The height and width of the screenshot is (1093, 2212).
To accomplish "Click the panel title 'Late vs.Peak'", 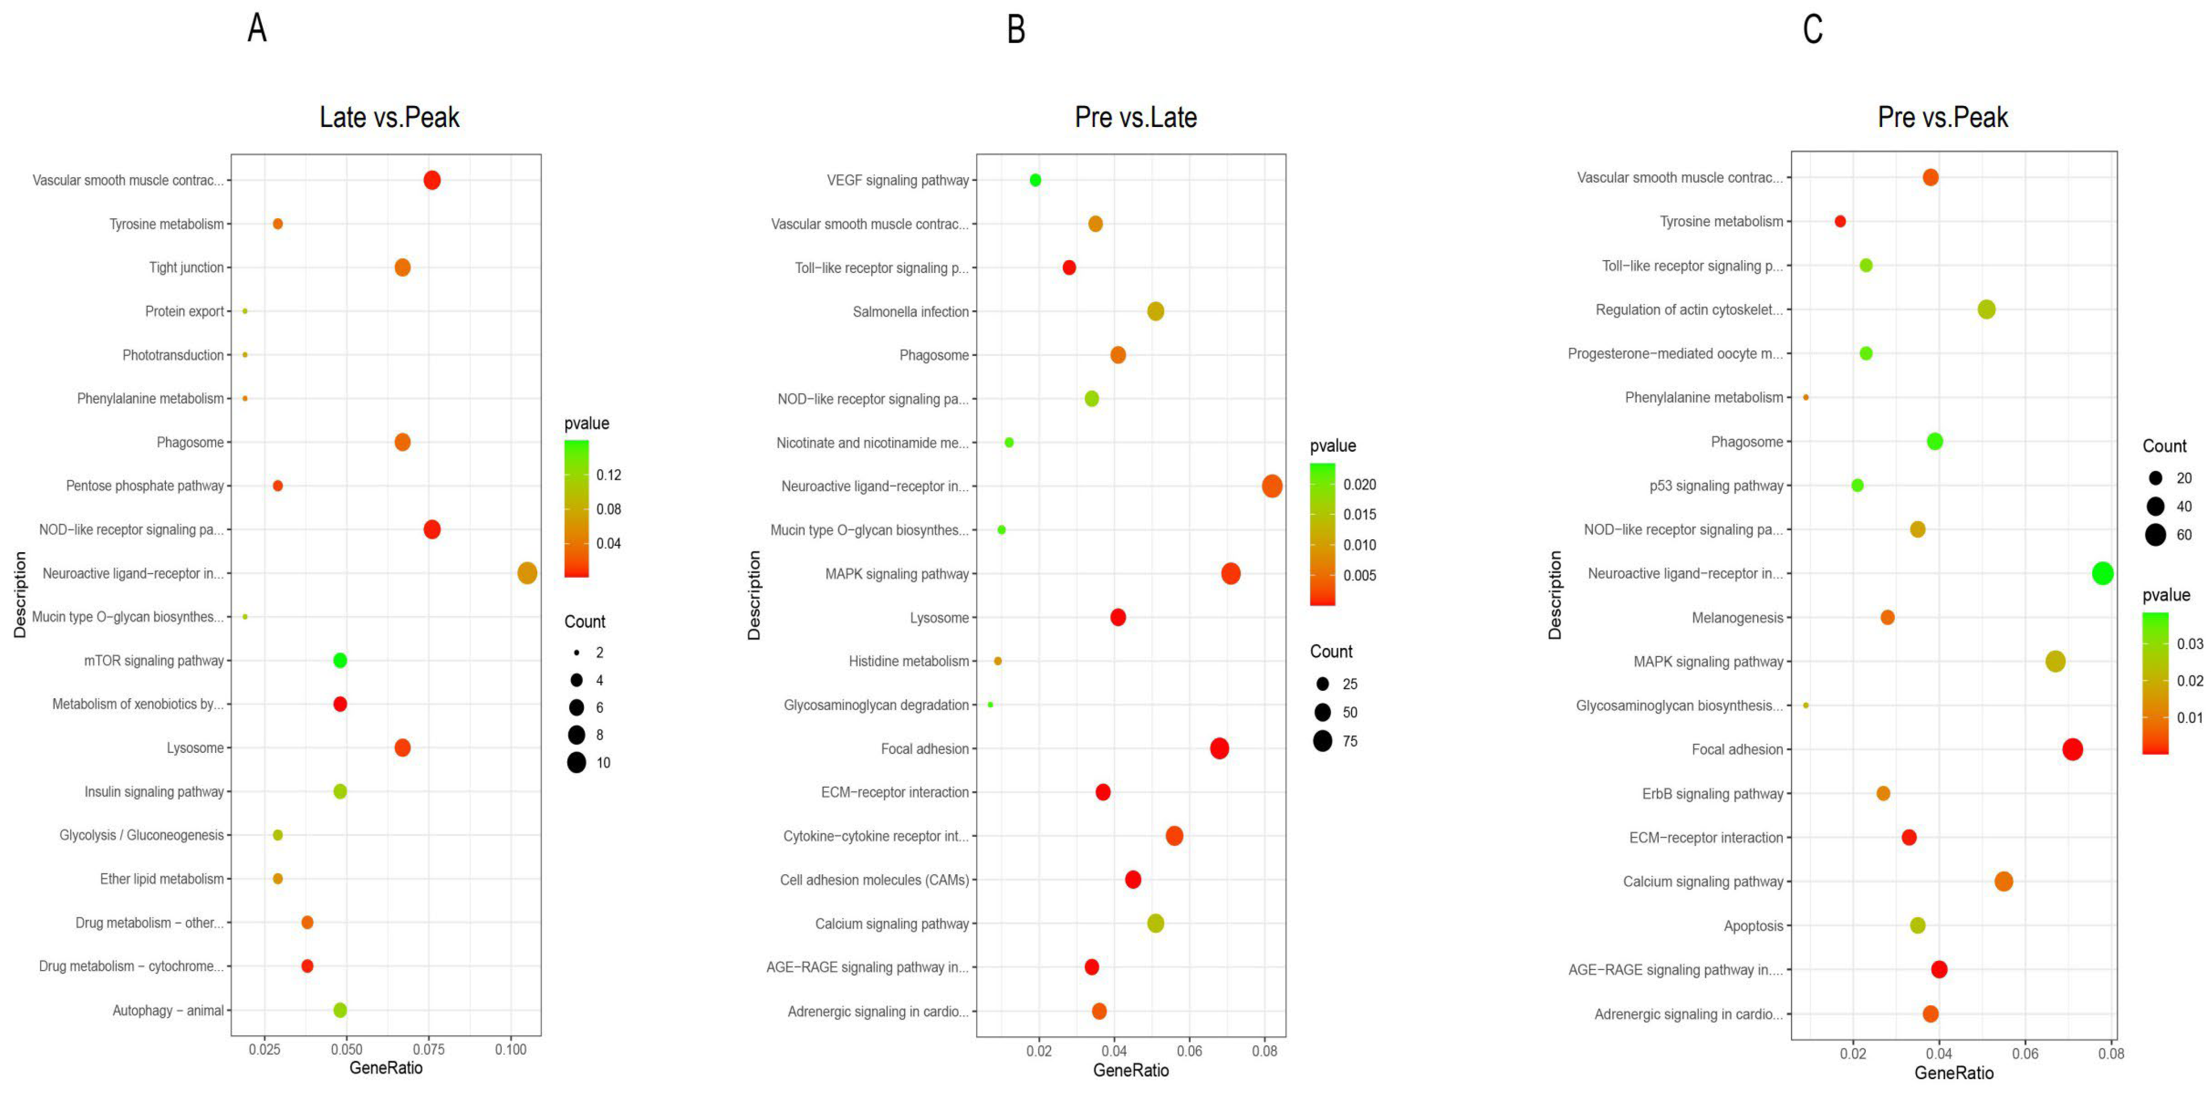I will (x=389, y=117).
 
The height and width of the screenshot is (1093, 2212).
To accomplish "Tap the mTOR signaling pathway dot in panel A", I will (x=340, y=660).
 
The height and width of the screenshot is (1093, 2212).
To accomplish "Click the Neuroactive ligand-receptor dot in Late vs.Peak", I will (x=527, y=573).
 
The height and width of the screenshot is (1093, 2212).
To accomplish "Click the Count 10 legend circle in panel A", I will (x=576, y=763).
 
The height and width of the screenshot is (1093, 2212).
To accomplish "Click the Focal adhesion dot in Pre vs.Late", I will (x=1219, y=749).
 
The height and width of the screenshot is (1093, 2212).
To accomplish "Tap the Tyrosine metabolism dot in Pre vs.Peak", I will (x=1840, y=221).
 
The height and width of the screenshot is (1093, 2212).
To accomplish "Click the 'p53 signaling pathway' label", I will (x=1716, y=486).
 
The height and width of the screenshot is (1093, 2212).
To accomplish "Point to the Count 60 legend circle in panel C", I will (x=2155, y=535).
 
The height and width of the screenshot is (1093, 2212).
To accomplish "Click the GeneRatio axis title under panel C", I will (x=1953, y=1073).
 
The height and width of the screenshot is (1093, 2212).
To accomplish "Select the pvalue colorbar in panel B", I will (x=1322, y=534).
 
